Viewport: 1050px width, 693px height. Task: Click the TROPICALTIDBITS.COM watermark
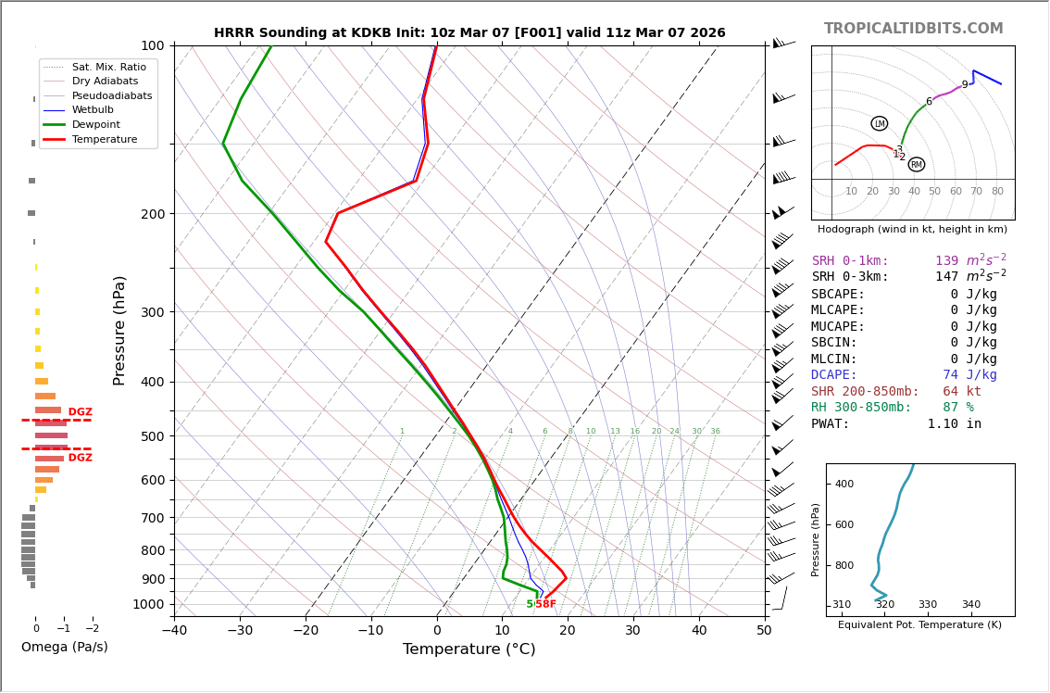coord(913,29)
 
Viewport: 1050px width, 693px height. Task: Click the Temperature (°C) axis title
coord(469,650)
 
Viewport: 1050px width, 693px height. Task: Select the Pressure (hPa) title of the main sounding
coord(119,330)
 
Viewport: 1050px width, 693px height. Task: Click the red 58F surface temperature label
coord(546,604)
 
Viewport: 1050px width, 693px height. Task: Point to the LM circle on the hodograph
coord(880,123)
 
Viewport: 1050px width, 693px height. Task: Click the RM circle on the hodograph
coord(917,165)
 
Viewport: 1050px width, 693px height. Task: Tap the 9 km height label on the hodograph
coord(964,85)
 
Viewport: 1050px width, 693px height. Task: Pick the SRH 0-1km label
coord(850,261)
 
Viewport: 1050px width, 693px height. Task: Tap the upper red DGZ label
coord(81,412)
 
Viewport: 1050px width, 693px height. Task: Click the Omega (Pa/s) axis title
coord(65,648)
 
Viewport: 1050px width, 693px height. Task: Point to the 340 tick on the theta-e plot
coord(970,605)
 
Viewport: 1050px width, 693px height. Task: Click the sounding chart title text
coord(469,33)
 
